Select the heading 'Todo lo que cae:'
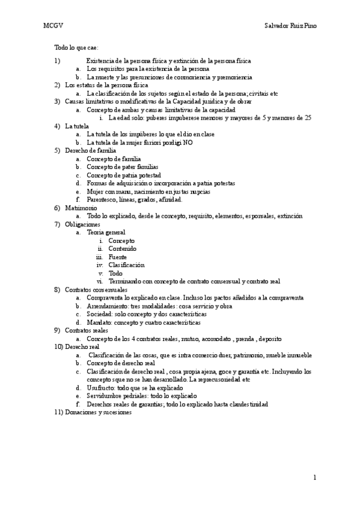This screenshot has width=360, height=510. (76, 47)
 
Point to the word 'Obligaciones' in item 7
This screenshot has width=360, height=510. (83, 224)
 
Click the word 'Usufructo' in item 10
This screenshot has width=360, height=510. (100, 388)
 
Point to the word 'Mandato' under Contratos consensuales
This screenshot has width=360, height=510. (99, 322)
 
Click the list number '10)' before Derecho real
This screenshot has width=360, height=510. (58, 347)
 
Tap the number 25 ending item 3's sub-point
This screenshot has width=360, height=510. (307, 118)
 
